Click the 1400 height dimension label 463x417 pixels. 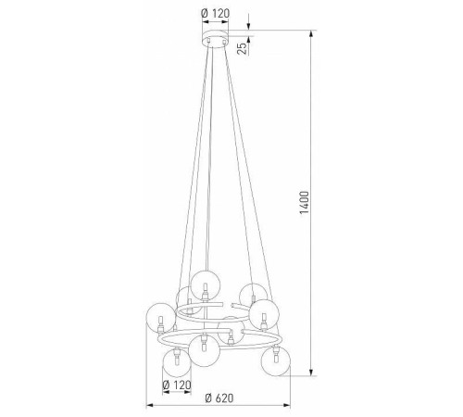coord(304,203)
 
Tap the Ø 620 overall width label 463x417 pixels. coord(219,398)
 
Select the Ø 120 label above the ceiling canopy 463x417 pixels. coord(216,13)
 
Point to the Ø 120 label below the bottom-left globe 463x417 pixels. coord(177,385)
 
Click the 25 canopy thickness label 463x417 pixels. coord(244,48)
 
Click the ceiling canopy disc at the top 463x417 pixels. coord(216,39)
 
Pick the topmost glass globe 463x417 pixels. coord(206,284)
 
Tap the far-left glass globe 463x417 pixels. coord(160,318)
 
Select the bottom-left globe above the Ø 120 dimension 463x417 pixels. coord(177,364)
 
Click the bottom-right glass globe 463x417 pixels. coord(275,361)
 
